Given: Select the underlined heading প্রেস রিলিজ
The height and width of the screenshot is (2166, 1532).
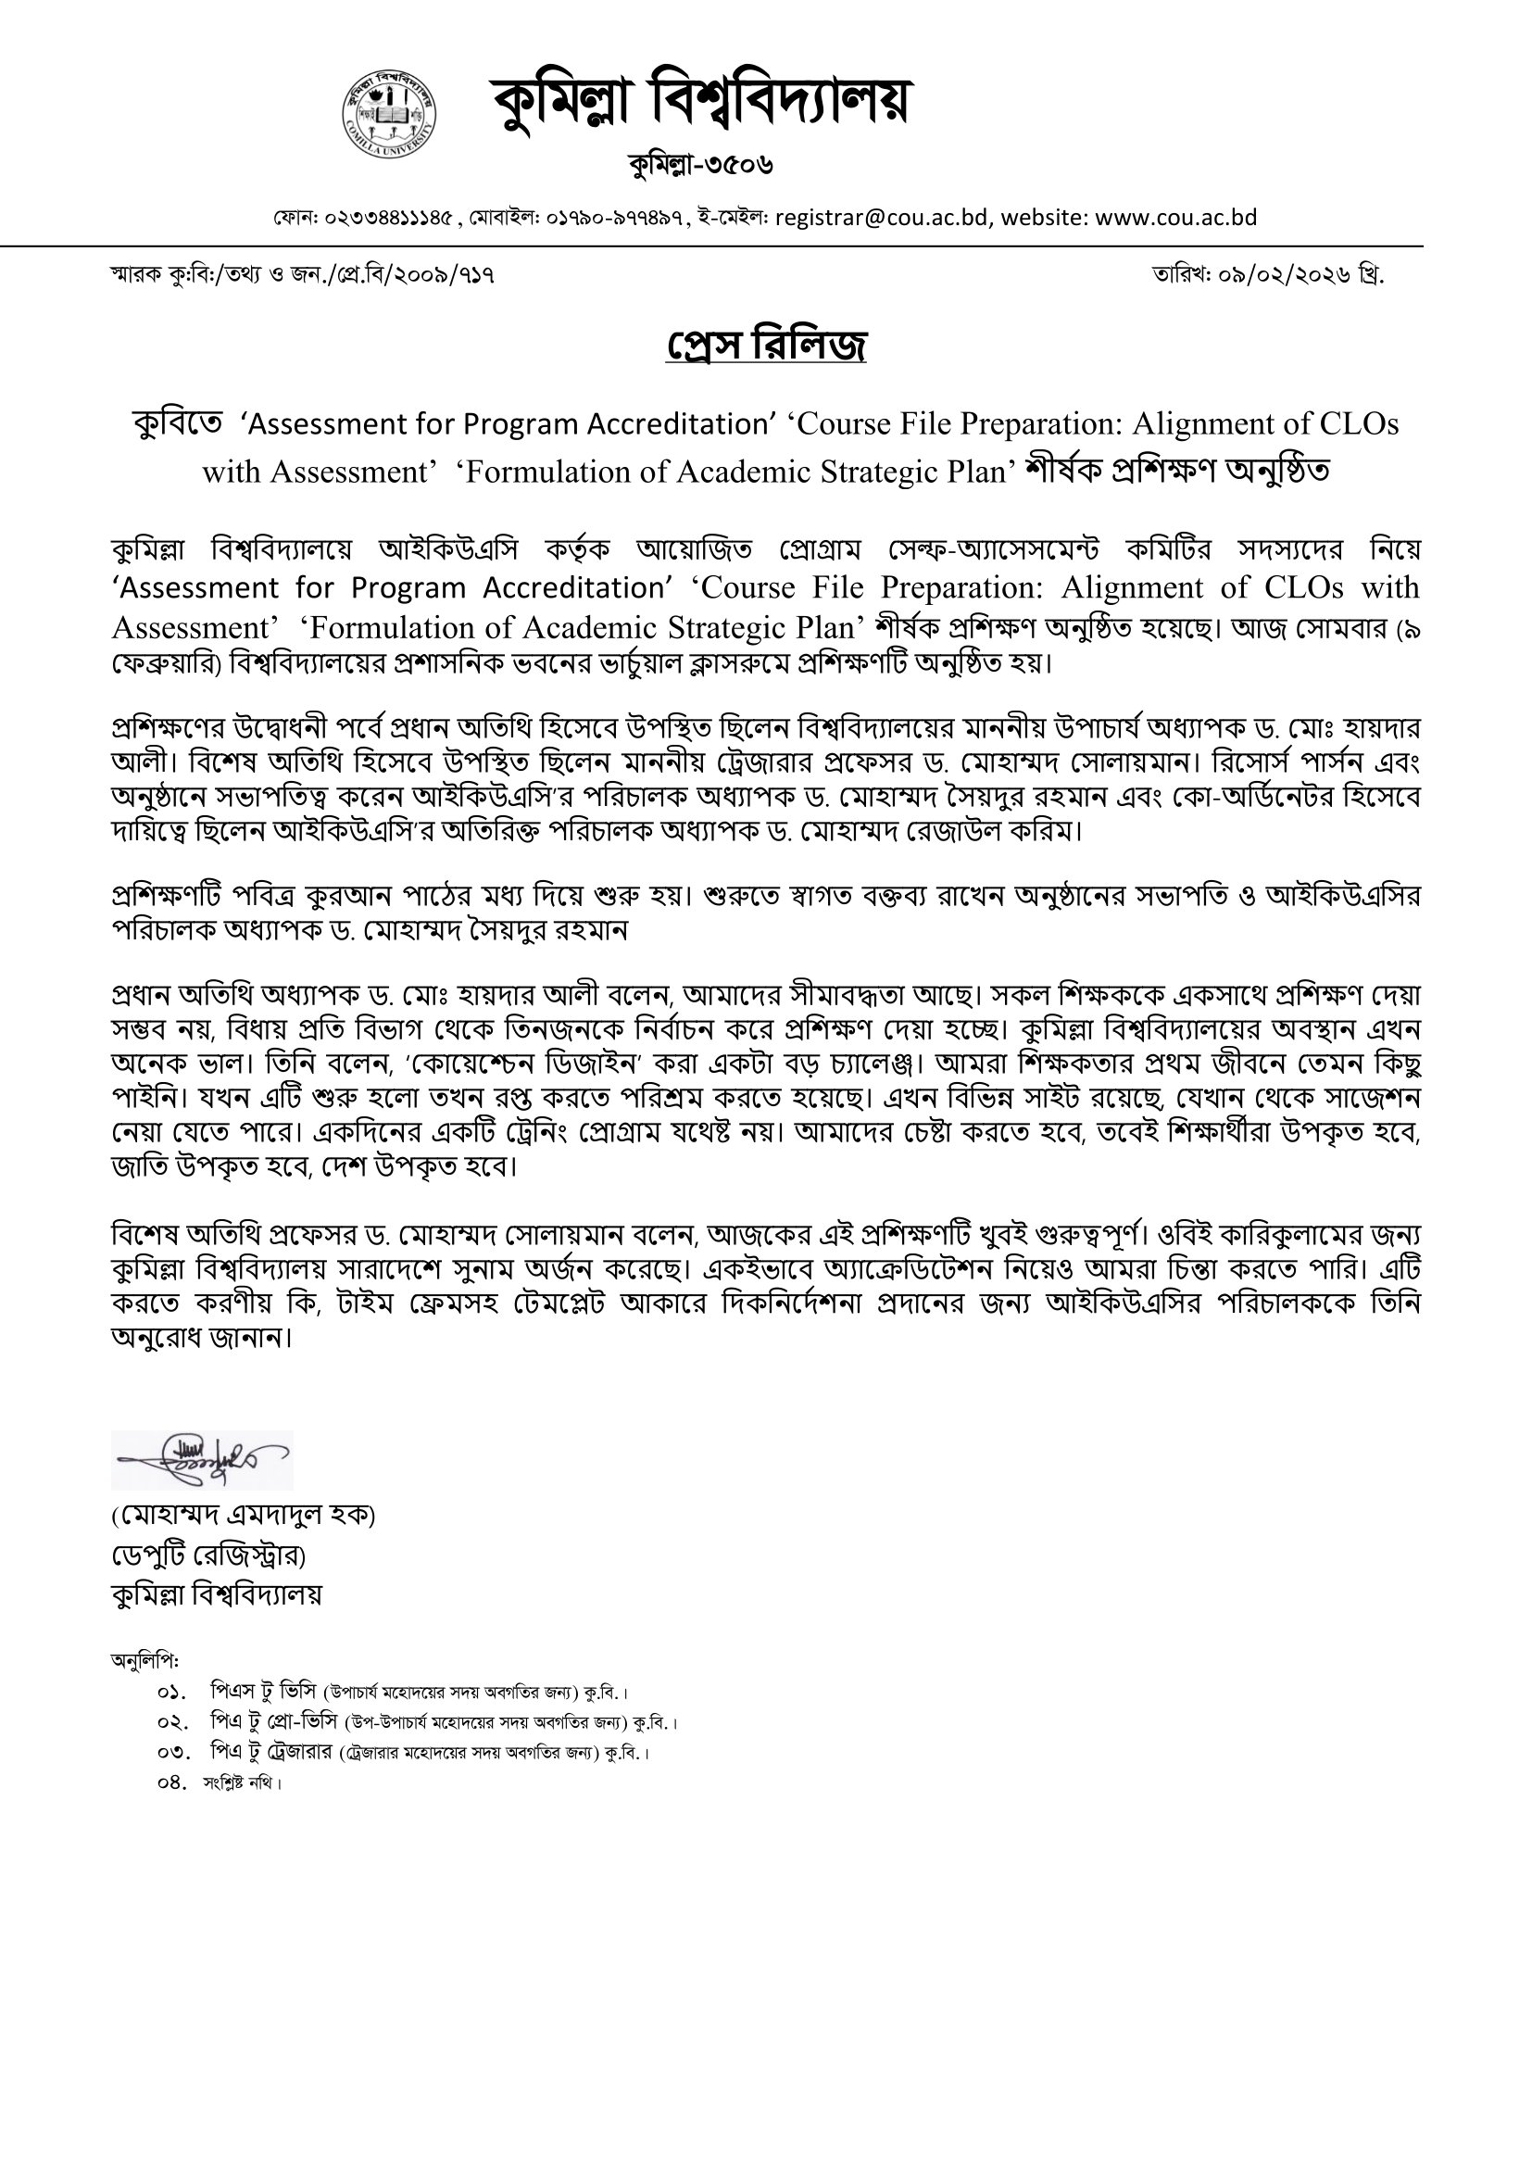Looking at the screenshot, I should [766, 346].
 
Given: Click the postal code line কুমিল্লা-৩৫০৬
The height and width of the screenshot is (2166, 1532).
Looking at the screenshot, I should [701, 164].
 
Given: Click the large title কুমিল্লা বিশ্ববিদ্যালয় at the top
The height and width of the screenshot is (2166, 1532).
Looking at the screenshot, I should [700, 102].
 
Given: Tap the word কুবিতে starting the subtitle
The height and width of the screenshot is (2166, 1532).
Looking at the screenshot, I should [177, 424].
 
